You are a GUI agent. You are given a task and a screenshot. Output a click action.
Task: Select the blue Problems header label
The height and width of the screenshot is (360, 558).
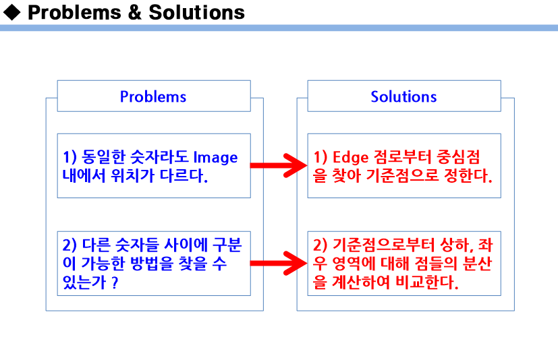click(x=153, y=96)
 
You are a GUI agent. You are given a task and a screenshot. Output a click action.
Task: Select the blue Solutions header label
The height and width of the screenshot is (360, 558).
click(x=403, y=96)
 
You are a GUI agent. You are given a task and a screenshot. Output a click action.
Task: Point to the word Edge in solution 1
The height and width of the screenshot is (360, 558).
click(x=352, y=158)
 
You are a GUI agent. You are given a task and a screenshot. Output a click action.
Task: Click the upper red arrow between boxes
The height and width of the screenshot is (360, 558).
click(x=278, y=164)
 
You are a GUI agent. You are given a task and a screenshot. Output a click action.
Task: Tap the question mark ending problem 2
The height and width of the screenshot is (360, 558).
click(x=115, y=282)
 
